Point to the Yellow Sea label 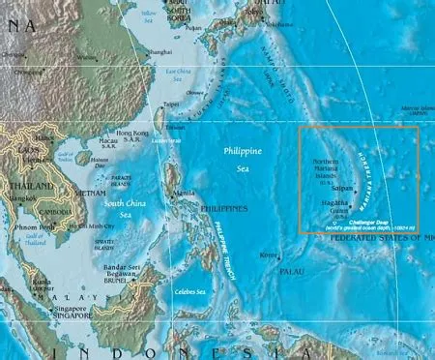[x=147, y=16]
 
